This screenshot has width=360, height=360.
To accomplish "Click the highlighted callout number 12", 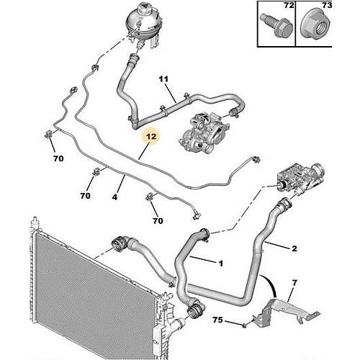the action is [x=151, y=137].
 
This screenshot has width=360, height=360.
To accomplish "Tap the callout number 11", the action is [x=163, y=79].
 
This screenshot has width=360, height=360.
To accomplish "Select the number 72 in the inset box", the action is [x=289, y=5].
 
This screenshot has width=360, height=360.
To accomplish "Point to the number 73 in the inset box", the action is [x=327, y=5].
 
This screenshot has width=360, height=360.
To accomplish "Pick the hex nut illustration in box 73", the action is [x=314, y=26].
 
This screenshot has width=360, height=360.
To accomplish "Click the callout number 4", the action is [x=114, y=197].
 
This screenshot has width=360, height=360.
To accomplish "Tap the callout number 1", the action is [x=220, y=264].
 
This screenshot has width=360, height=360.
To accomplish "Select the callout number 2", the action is [x=294, y=248].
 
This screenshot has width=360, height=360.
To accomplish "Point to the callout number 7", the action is [x=294, y=283].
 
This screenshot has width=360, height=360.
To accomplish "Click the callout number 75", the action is [x=217, y=320].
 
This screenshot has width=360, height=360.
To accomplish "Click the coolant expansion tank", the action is [x=143, y=25].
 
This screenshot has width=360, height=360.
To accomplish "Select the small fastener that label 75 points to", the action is [x=244, y=325].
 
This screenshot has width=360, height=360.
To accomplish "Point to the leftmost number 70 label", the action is [x=58, y=158].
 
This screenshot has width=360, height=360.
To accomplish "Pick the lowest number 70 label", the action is [x=158, y=220].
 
